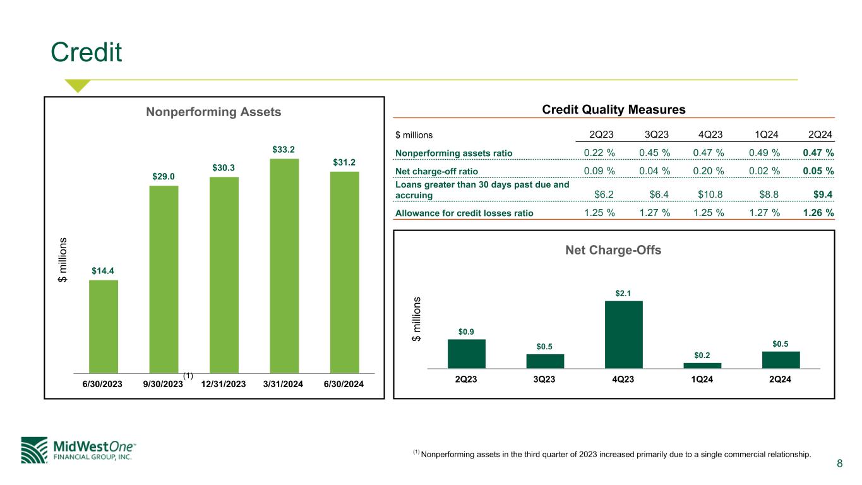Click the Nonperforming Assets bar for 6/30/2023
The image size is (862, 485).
(x=104, y=326)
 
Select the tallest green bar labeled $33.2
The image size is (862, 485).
(x=284, y=265)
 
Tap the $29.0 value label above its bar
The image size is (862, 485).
(x=164, y=176)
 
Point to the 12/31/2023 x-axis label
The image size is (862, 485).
(x=225, y=385)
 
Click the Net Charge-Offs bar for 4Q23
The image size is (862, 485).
(x=623, y=334)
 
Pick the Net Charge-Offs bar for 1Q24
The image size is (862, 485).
(x=702, y=365)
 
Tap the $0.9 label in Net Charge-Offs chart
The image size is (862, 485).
(x=466, y=331)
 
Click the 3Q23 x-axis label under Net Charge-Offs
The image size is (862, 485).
(x=545, y=380)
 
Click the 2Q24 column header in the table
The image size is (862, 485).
(x=820, y=134)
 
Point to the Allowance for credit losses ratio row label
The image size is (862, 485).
(x=464, y=213)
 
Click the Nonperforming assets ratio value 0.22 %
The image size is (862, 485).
(x=598, y=153)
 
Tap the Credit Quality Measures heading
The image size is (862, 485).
(x=614, y=109)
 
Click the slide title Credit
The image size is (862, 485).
(x=87, y=53)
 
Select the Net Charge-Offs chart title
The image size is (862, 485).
(x=614, y=251)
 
